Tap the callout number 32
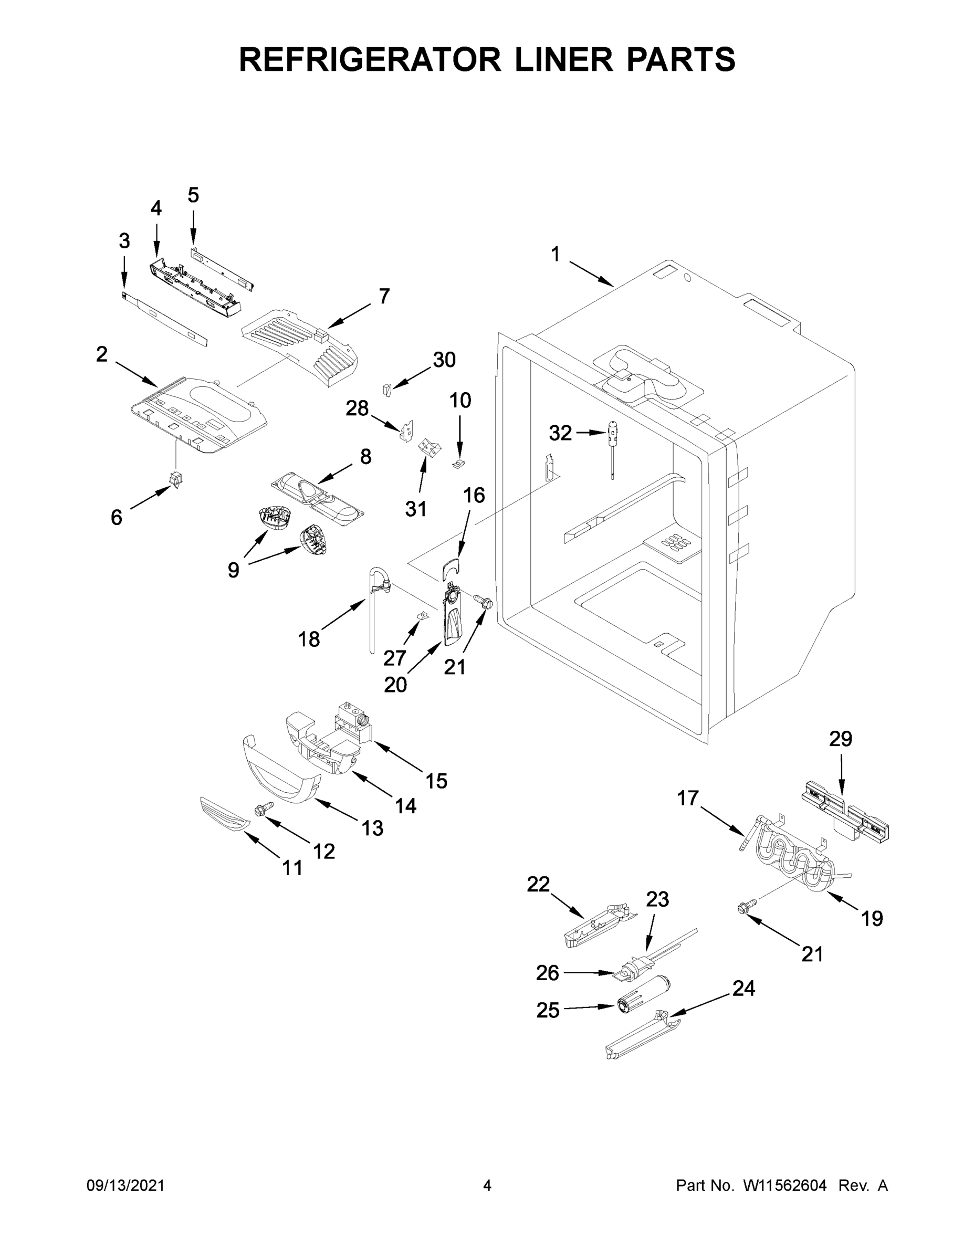pos(560,433)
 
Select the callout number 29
pos(840,739)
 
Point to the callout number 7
pos(384,296)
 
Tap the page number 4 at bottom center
pos(487,1185)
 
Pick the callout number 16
pos(474,495)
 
